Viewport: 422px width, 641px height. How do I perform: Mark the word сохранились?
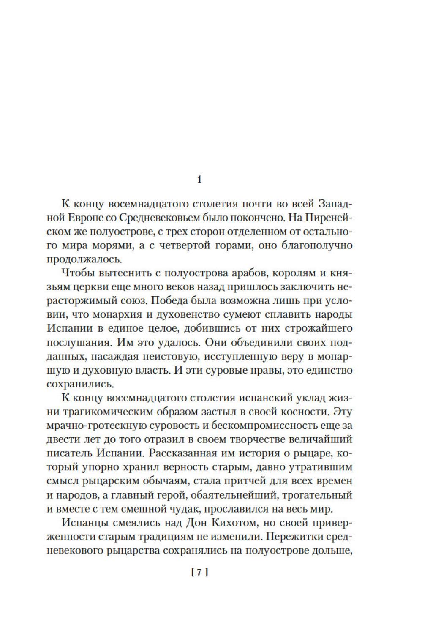tap(74, 384)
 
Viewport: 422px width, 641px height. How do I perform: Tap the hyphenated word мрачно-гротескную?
tap(92, 426)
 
